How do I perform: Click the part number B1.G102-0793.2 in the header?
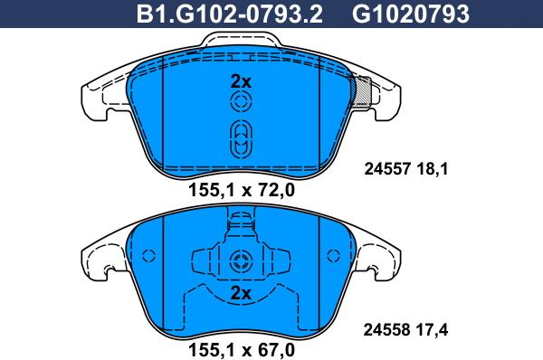click(229, 14)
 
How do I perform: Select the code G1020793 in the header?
click(410, 14)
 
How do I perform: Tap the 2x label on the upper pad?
click(241, 82)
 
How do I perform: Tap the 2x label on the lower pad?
click(241, 294)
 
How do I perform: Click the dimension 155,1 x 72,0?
click(242, 190)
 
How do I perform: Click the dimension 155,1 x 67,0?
click(242, 350)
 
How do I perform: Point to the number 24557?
click(387, 169)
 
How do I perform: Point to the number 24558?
click(386, 330)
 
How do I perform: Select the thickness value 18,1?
click(433, 169)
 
